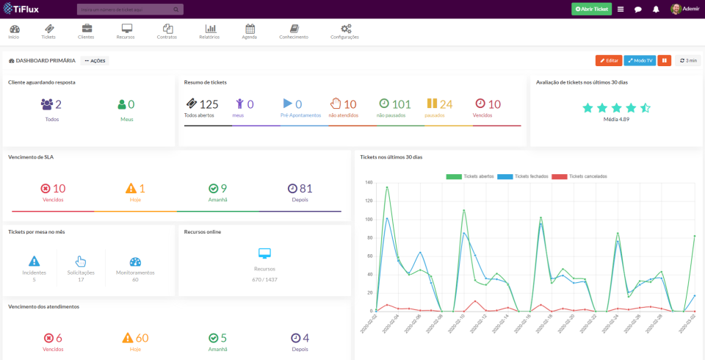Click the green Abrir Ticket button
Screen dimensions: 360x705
click(x=591, y=9)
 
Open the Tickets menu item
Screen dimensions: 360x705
click(x=48, y=31)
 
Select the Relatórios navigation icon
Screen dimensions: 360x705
click(x=209, y=31)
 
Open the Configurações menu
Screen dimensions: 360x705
click(x=344, y=31)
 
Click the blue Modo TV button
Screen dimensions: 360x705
click(x=640, y=60)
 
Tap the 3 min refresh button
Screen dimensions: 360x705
click(x=688, y=60)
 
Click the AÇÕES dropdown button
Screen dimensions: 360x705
click(x=95, y=61)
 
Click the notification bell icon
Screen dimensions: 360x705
click(x=656, y=10)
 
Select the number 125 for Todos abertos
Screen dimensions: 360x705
click(x=209, y=104)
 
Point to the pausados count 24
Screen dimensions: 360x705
click(x=446, y=104)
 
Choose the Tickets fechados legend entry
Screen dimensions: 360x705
click(x=524, y=176)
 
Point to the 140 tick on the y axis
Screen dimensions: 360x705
click(x=369, y=182)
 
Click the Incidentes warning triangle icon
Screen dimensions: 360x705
click(x=34, y=261)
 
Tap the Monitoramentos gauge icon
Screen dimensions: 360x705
click(x=135, y=262)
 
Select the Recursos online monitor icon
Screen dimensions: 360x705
click(x=264, y=253)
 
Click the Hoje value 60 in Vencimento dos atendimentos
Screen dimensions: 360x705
click(x=142, y=338)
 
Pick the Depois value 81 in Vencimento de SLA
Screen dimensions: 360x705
click(x=305, y=188)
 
